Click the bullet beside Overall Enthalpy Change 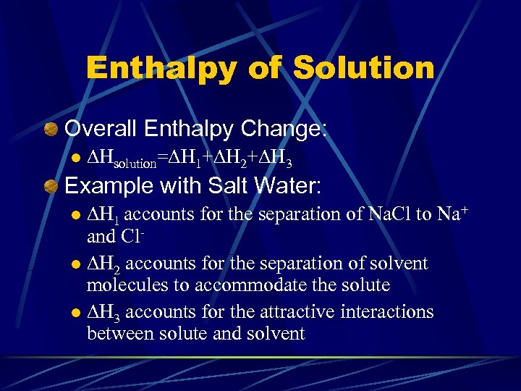50,130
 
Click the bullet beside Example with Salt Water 50,187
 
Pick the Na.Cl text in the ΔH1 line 389,215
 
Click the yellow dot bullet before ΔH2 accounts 77,264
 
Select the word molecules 127,285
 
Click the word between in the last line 116,334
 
